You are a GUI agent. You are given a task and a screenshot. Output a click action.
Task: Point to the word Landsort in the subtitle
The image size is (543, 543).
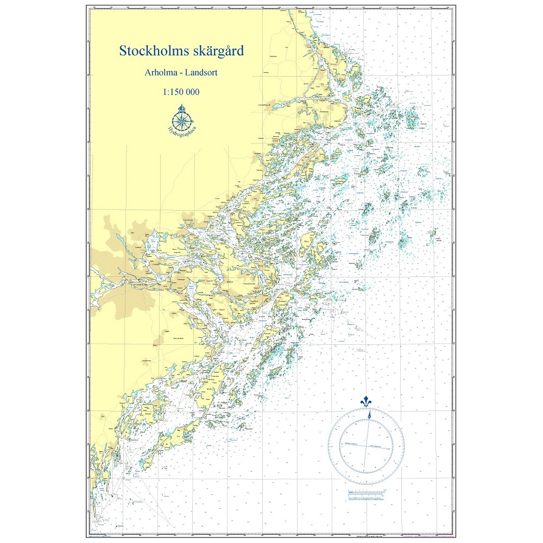click(x=201, y=72)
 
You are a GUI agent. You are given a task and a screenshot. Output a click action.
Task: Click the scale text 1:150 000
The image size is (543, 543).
click(x=181, y=92)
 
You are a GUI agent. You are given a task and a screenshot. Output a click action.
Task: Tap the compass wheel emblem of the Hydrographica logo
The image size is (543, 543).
click(x=181, y=118)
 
